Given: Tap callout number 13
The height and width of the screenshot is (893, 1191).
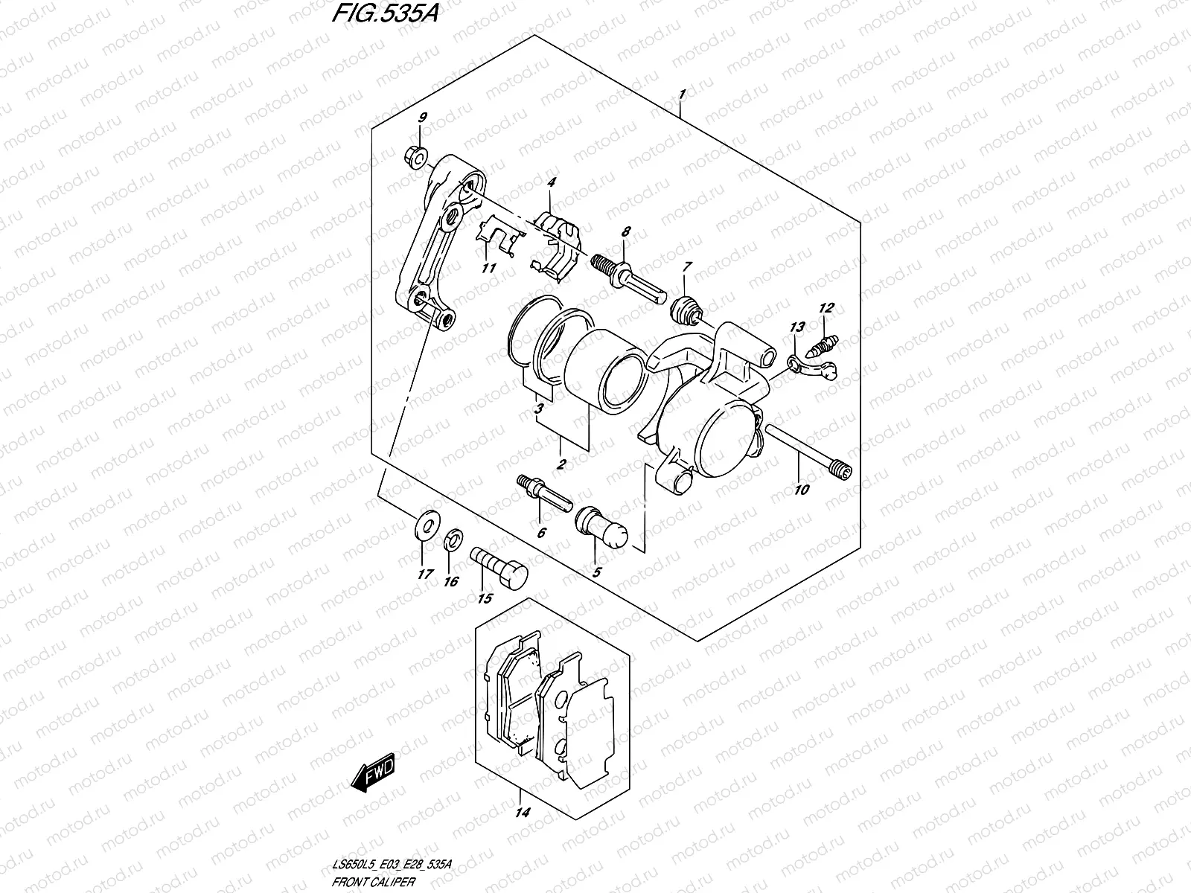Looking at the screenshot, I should click(x=797, y=327).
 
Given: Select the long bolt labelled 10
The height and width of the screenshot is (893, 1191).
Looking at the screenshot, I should click(x=807, y=450).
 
